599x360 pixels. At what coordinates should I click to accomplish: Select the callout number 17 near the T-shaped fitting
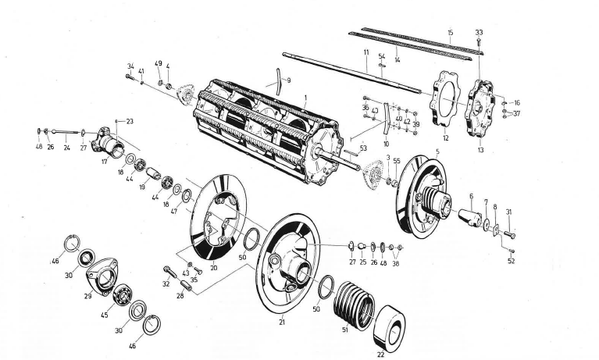[x=103, y=162]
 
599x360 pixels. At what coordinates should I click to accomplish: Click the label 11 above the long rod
[x=365, y=52]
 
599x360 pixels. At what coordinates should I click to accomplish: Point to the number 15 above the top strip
[x=450, y=32]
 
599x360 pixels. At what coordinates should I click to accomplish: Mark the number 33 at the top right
[x=479, y=32]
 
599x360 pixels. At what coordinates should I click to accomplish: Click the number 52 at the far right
[x=511, y=261]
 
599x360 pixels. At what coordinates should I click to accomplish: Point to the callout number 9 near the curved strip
[x=288, y=80]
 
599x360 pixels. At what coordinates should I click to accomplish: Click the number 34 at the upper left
[x=130, y=66]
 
